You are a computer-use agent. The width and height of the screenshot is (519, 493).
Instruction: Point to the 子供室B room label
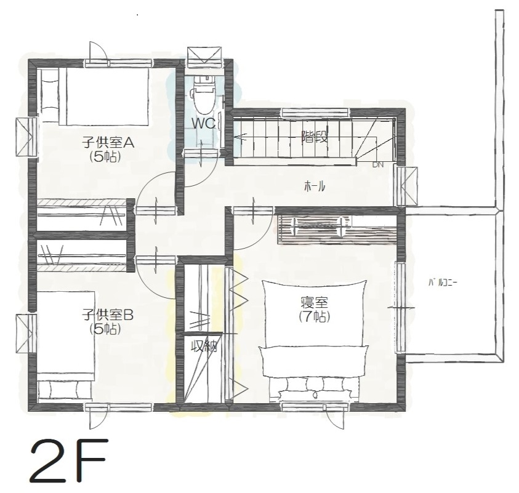click(x=108, y=315)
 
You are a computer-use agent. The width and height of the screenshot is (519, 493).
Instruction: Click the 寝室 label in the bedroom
click(x=315, y=303)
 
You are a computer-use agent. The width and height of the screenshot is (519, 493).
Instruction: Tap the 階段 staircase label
click(x=315, y=137)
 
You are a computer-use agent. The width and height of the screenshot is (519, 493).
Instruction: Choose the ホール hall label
click(x=315, y=187)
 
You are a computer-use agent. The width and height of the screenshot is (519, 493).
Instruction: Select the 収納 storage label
click(x=205, y=347)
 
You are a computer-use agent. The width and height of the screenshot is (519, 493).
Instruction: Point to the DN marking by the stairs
click(x=377, y=164)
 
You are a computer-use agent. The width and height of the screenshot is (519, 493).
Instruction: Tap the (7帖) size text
click(x=315, y=317)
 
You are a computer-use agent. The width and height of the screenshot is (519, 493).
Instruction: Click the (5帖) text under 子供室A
click(x=105, y=156)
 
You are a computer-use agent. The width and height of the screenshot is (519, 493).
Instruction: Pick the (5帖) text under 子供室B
click(x=105, y=329)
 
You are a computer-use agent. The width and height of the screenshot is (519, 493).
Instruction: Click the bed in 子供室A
click(x=94, y=97)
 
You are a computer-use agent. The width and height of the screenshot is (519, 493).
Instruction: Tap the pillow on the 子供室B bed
click(x=64, y=390)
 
